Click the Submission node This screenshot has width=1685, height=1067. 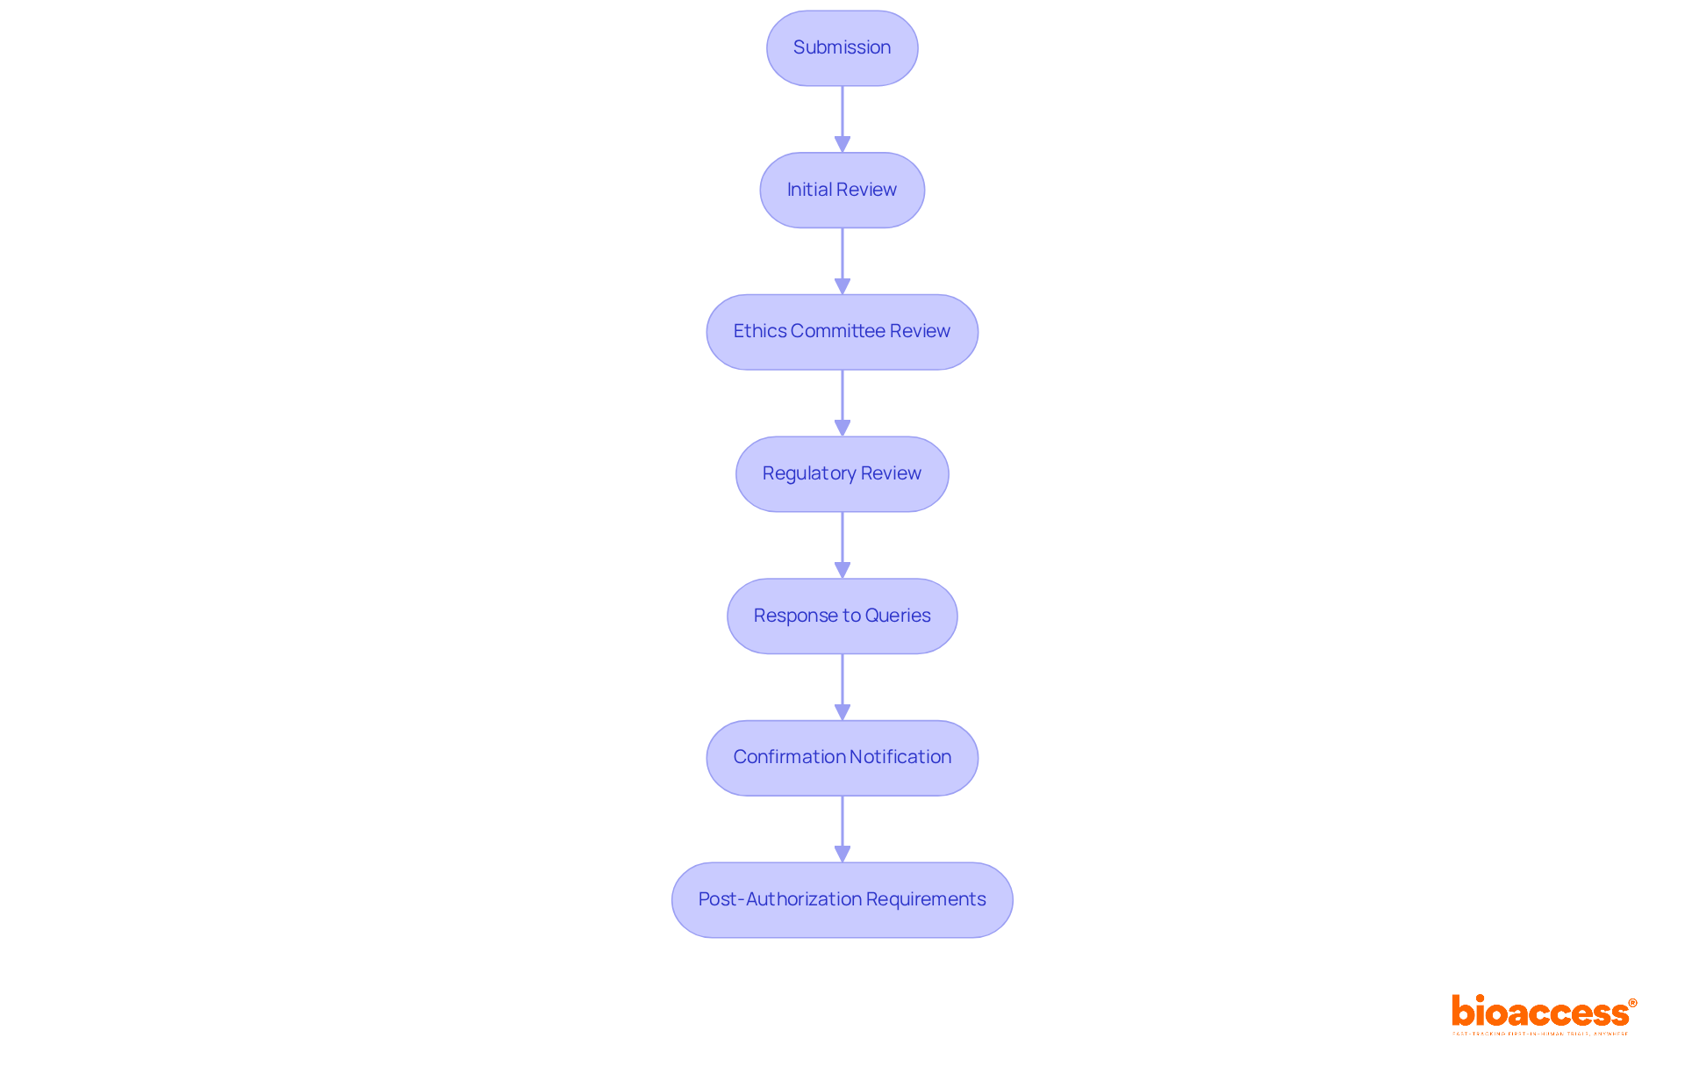point(842,48)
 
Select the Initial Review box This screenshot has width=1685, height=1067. point(842,190)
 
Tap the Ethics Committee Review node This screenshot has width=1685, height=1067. point(842,332)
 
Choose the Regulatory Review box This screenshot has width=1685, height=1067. point(842,474)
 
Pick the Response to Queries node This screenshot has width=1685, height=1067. point(842,616)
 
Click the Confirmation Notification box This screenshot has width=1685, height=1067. point(842,758)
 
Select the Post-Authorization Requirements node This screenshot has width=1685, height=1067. point(842,900)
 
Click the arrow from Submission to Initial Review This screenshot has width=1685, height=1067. point(842,119)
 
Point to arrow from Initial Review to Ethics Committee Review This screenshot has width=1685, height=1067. point(842,261)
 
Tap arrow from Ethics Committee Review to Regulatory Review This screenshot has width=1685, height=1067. point(842,403)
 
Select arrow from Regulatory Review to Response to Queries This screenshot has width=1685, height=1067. point(842,544)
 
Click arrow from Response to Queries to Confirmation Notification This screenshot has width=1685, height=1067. point(842,687)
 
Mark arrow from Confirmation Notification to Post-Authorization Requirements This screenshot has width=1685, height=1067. point(842,829)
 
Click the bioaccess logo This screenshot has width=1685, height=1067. point(1543,1012)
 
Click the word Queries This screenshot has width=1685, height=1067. point(898,616)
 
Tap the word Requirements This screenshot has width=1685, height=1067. point(926,899)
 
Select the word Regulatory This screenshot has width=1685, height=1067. point(809,473)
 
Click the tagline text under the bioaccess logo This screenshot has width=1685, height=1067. point(1540,1035)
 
